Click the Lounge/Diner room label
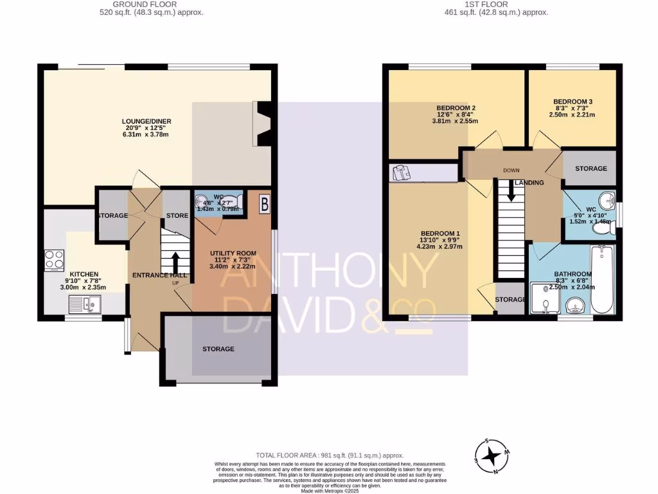(x=148, y=121)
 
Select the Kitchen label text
(x=84, y=274)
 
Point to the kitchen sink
(x=84, y=304)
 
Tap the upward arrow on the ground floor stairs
(x=175, y=261)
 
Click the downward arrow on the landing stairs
(x=511, y=191)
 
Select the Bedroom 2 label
(x=456, y=107)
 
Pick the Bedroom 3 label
(x=573, y=102)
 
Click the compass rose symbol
(x=493, y=455)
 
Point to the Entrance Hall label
(x=159, y=275)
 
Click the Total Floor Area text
(x=328, y=453)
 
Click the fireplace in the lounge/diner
(x=262, y=124)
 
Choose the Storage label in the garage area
(x=218, y=349)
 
